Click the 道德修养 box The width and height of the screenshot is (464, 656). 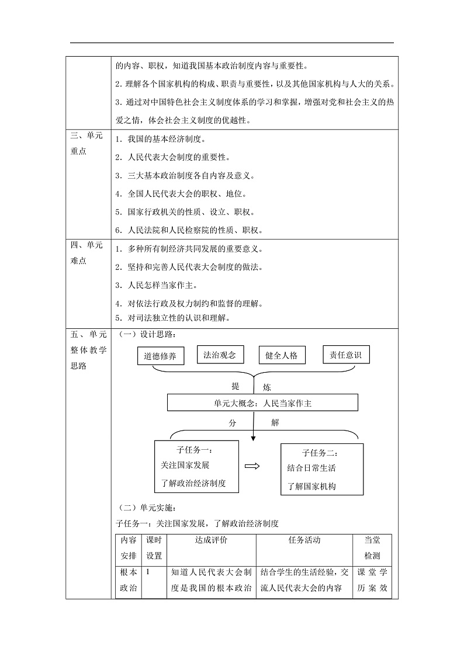[x=160, y=356]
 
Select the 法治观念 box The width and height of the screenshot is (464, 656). [x=220, y=355]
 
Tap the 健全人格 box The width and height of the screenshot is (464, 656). [x=283, y=355]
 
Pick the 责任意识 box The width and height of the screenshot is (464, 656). [x=346, y=355]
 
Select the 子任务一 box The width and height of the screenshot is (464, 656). [x=196, y=467]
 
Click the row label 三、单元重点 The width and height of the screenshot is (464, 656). [x=86, y=143]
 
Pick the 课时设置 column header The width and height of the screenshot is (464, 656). [x=154, y=548]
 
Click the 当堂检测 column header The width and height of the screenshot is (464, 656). [x=372, y=548]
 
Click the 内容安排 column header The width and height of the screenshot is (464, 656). [x=127, y=548]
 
